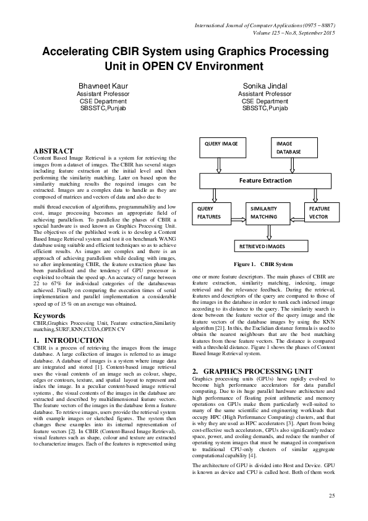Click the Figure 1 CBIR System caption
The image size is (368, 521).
[x=263, y=264]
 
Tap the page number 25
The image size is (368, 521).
[x=332, y=496]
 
